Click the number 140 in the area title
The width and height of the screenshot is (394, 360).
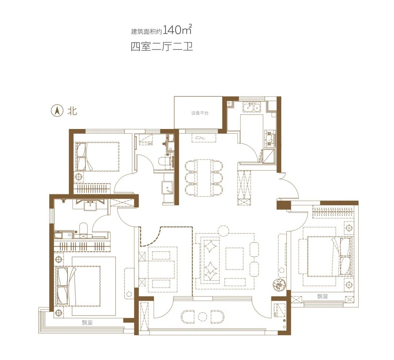point(172,30)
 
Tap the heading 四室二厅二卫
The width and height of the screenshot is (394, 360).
point(162,47)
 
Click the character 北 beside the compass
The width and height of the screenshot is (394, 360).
point(72,110)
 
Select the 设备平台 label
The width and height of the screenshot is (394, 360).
point(200,113)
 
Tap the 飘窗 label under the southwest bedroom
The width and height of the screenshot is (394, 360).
point(87,322)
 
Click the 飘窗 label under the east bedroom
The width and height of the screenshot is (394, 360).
point(322,296)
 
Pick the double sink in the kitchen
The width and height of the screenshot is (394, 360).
point(251,107)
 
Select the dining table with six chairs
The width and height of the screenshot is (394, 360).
point(204,178)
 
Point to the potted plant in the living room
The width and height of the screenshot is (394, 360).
point(279,285)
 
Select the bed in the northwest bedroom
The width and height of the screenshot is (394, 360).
point(97,157)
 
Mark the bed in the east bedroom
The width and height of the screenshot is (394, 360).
point(327,256)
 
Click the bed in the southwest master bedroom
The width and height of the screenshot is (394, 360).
point(78,286)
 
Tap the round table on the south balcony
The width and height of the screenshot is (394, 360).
point(202,317)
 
